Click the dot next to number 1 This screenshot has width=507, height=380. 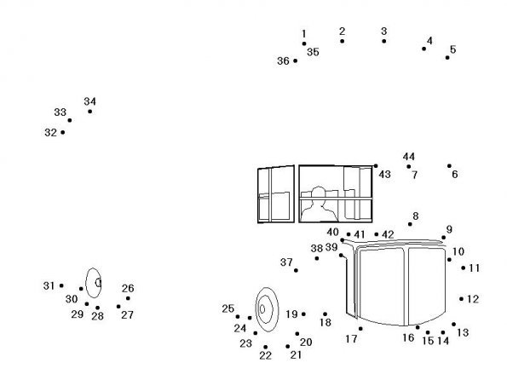pos(304,43)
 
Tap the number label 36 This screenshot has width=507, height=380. pos(283,60)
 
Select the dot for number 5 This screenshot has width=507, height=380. pos(447,58)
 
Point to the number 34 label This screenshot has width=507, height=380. pos(89,101)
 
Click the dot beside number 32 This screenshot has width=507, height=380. pos(63,132)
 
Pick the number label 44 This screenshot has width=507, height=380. pos(409,157)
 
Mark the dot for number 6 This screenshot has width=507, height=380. pos(449,166)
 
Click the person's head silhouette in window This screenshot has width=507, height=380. pos(318,193)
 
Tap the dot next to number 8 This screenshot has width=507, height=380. pos(410,224)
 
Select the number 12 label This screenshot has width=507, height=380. pos(473,299)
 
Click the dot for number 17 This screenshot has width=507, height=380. pos(360,329)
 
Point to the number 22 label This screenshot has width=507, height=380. pos(266,356)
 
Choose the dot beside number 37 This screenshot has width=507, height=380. pos(296,270)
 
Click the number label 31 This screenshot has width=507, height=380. pos(49,286)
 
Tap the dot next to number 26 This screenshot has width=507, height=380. pos(128,298)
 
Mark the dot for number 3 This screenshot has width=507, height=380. pos(383,41)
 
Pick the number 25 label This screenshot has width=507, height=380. pos(228,308)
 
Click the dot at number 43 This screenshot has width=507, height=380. pos(376,166)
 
